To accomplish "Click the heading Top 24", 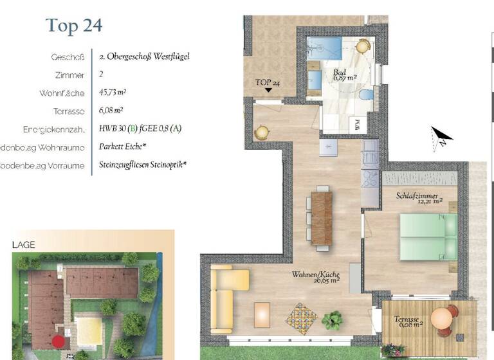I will [74, 26].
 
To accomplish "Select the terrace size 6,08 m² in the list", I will [111, 111].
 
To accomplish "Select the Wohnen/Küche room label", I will [315, 274].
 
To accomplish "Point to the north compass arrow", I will [441, 136].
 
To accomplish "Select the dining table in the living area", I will [322, 217].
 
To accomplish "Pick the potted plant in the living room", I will [333, 319].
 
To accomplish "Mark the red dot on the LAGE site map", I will [59, 341].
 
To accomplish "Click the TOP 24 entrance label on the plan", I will [268, 83].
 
